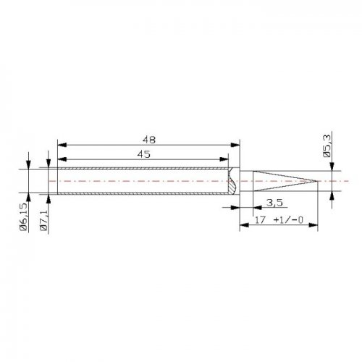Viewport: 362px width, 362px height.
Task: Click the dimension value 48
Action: (149, 140)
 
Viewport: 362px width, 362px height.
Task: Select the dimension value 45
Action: (143, 154)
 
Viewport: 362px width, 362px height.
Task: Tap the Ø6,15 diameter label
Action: (24, 217)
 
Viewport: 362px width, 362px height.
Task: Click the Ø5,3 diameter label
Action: (327, 146)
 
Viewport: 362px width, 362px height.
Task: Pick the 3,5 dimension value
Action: (274, 202)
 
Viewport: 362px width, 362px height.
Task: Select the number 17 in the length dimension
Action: (261, 220)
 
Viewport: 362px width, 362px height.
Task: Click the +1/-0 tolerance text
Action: (288, 220)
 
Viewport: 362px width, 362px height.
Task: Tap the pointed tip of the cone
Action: (316, 181)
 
